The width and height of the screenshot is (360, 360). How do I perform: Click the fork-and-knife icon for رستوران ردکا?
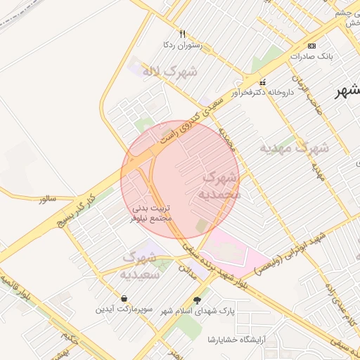pyautogui.click(x=182, y=34)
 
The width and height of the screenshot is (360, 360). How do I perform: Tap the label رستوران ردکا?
pyautogui.click(x=182, y=45)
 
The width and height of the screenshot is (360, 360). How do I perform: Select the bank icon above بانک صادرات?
pyautogui.click(x=313, y=46)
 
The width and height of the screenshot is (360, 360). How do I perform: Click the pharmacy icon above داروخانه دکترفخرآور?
pyautogui.click(x=263, y=82)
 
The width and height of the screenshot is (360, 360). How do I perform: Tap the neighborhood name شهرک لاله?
pyautogui.click(x=169, y=71)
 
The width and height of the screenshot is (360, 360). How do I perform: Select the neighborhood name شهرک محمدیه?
pyautogui.click(x=219, y=185)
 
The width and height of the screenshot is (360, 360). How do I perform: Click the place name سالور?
pyautogui.click(x=47, y=199)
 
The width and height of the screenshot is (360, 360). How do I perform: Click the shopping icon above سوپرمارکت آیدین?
pyautogui.click(x=124, y=298)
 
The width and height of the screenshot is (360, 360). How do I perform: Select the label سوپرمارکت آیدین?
pyautogui.click(x=124, y=309)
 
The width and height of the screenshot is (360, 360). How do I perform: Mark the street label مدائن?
pyautogui.click(x=185, y=268)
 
